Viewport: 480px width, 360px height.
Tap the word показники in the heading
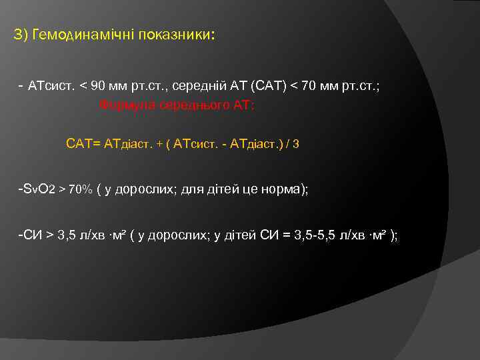point(176,35)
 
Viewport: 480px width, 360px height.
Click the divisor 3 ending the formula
point(297,143)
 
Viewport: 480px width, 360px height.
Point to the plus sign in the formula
point(160,143)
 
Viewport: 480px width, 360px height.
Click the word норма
point(283,189)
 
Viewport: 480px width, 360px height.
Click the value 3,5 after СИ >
point(66,235)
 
